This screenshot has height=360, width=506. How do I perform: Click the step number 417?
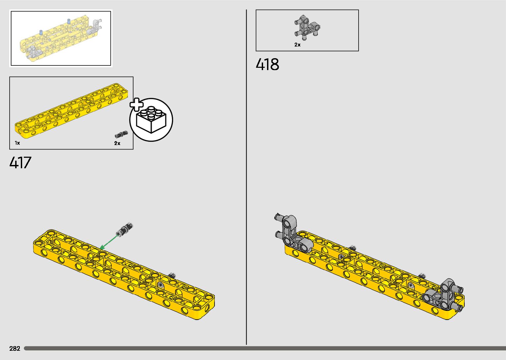coord(20,162)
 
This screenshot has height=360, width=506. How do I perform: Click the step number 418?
coord(267,64)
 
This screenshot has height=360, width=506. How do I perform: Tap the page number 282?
coord(15,348)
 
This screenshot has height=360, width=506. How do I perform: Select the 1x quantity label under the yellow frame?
coord(17,143)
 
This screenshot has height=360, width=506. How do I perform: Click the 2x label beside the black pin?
coord(117,143)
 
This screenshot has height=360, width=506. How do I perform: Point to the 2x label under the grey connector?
coord(297,45)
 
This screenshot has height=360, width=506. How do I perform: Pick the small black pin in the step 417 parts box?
coord(121,134)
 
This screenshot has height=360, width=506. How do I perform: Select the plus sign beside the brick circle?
coord(136,104)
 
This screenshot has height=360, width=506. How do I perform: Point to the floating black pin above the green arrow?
coord(125,229)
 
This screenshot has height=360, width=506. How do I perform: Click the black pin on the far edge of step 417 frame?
coord(172,275)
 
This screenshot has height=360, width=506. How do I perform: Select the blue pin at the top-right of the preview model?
coord(69,21)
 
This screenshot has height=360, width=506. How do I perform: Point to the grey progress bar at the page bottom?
coord(264,348)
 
